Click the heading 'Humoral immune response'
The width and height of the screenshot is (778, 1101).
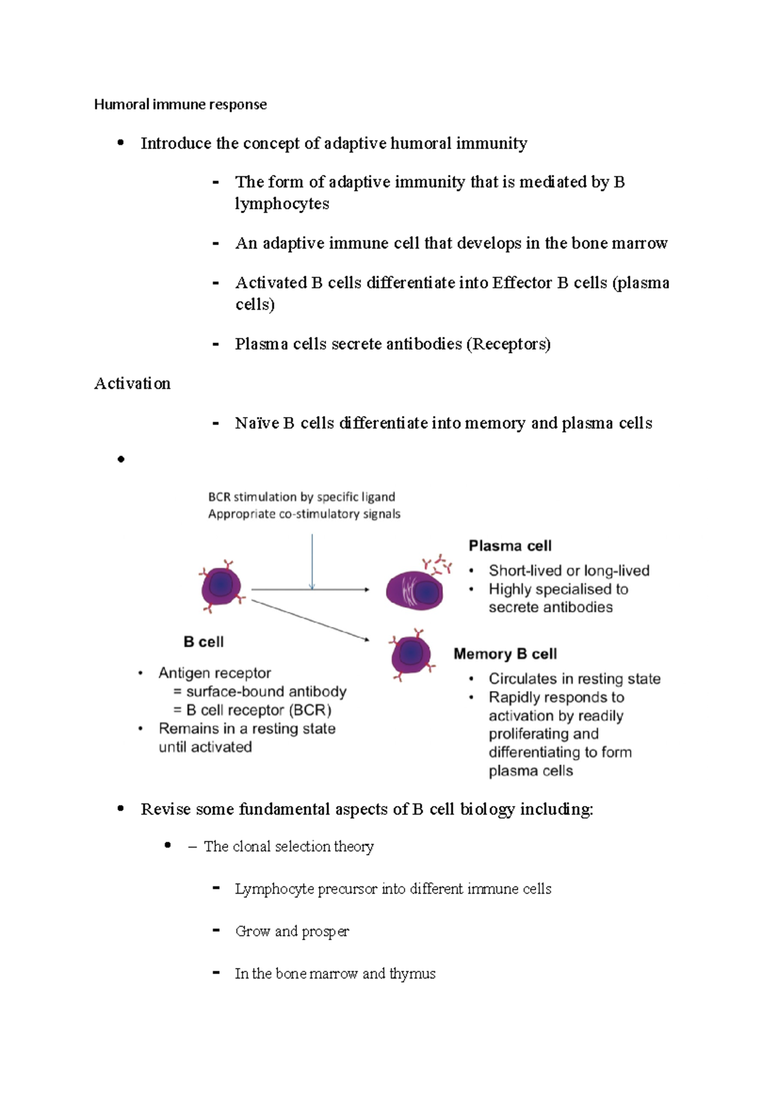[180, 104]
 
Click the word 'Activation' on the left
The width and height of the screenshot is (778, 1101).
[132, 384]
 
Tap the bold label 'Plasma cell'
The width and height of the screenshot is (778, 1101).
[510, 546]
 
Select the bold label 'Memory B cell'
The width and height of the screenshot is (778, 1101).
[505, 654]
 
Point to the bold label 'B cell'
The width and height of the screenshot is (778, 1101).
[204, 642]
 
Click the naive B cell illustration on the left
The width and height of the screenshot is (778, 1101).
[221, 586]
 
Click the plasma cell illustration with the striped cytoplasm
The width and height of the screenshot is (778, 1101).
[414, 591]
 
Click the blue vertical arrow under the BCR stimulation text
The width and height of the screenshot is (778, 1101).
[312, 562]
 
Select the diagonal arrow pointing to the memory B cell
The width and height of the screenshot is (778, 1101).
[310, 621]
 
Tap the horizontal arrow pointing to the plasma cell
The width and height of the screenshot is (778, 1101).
[310, 590]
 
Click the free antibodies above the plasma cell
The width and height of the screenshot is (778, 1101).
[438, 564]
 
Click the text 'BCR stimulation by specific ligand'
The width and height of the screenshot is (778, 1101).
[301, 497]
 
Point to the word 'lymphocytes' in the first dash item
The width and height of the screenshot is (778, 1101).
[282, 204]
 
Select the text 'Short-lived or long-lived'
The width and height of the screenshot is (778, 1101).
[569, 571]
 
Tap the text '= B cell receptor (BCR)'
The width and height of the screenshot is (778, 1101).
[252, 710]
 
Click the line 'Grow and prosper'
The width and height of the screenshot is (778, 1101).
[292, 931]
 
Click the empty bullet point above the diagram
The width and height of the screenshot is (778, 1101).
[121, 459]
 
